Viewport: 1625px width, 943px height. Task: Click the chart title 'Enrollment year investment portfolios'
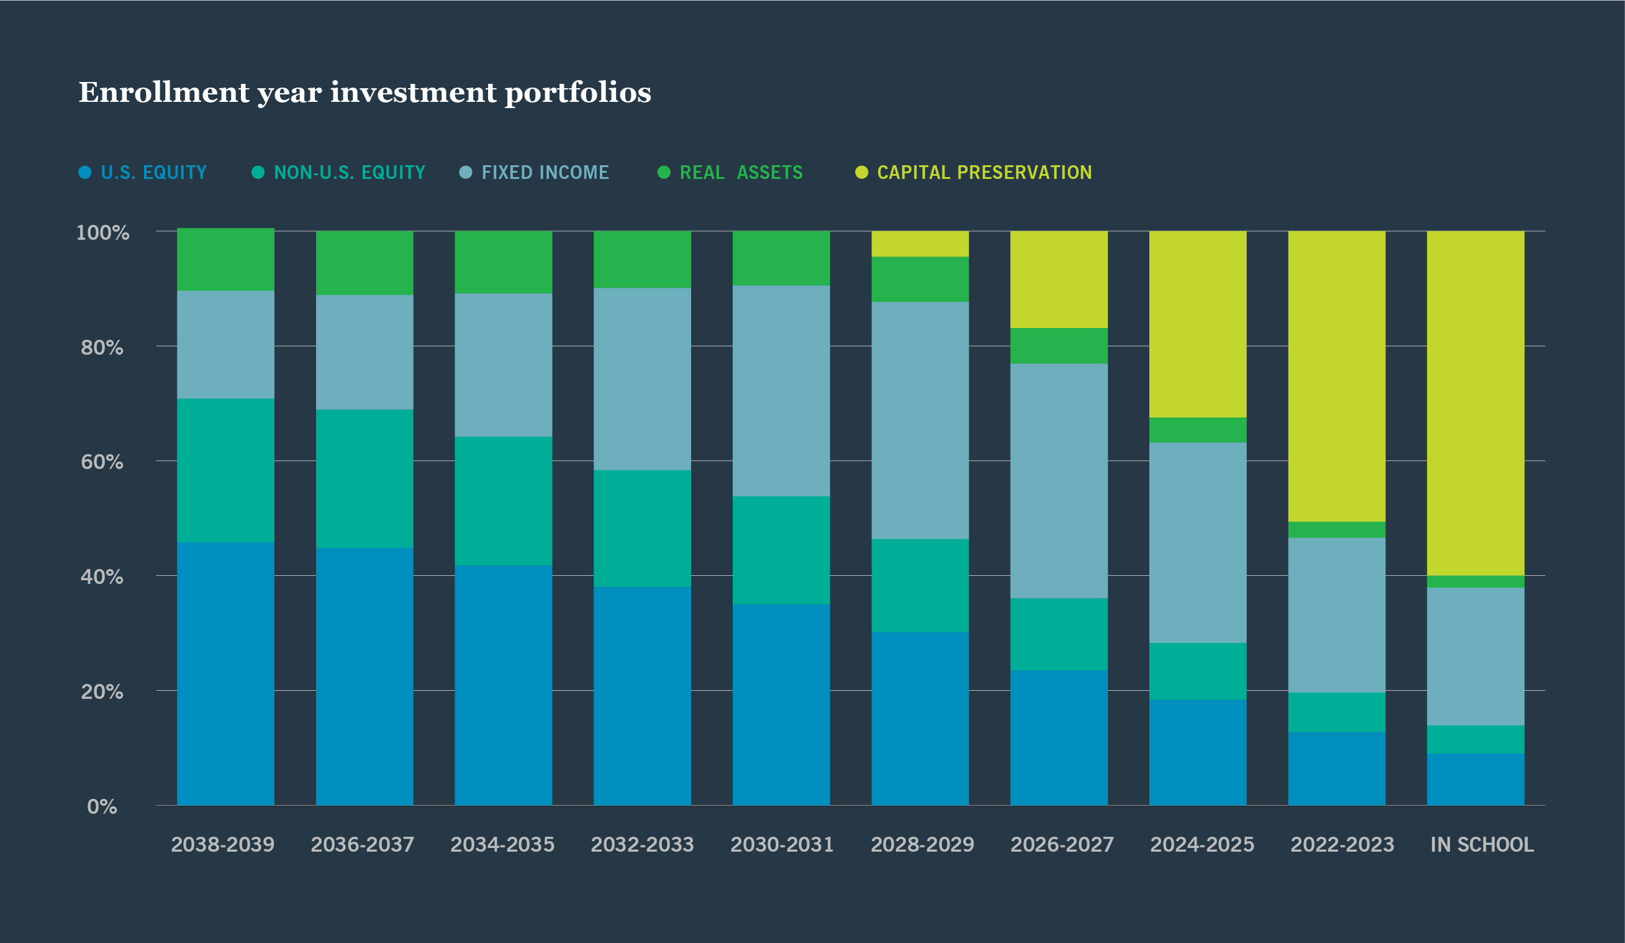364,93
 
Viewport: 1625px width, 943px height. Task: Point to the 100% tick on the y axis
102,233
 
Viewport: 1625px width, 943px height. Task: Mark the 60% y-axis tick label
101,462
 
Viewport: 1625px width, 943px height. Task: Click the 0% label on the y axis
102,806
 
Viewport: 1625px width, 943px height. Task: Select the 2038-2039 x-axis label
222,844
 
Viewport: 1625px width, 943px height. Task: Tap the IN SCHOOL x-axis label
1482,844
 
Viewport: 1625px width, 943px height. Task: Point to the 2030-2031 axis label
782,844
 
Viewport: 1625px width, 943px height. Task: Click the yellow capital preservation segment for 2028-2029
920,244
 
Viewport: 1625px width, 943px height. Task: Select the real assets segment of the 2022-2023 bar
1336,529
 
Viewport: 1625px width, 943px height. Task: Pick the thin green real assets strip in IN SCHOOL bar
1475,581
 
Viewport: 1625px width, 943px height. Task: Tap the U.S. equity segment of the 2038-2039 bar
225,673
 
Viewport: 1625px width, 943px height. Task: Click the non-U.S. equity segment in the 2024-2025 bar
1197,671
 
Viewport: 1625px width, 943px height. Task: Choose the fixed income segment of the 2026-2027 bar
1059,481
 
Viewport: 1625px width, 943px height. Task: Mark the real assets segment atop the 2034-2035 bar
503,262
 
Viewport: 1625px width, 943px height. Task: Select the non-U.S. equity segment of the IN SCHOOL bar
1475,739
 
